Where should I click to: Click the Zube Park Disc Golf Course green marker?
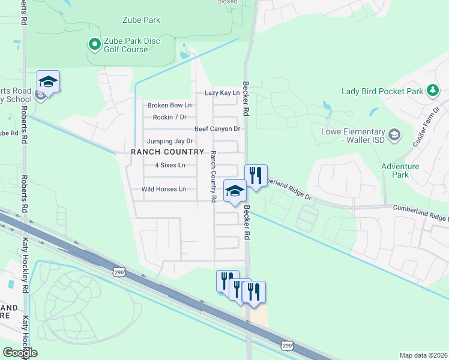coord(94,44)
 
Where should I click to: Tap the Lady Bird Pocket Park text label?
coord(382,91)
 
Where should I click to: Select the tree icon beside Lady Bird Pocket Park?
coord(433,91)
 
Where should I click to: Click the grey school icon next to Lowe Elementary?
coord(394,133)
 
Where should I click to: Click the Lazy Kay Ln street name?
coord(221,93)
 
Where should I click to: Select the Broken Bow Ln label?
coord(169,106)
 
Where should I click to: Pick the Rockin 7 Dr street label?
coord(170,117)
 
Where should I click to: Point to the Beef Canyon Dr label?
coord(217,129)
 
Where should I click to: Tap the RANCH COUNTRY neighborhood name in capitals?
coord(168,152)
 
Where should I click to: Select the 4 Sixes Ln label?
coord(170,165)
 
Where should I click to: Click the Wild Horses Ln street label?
coord(164,189)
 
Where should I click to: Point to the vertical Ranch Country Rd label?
coord(213,175)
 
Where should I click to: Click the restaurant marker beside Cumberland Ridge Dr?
coord(256,176)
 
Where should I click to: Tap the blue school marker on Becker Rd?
coord(235,191)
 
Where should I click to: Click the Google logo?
coord(20,352)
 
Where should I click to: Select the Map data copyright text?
coord(423,355)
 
